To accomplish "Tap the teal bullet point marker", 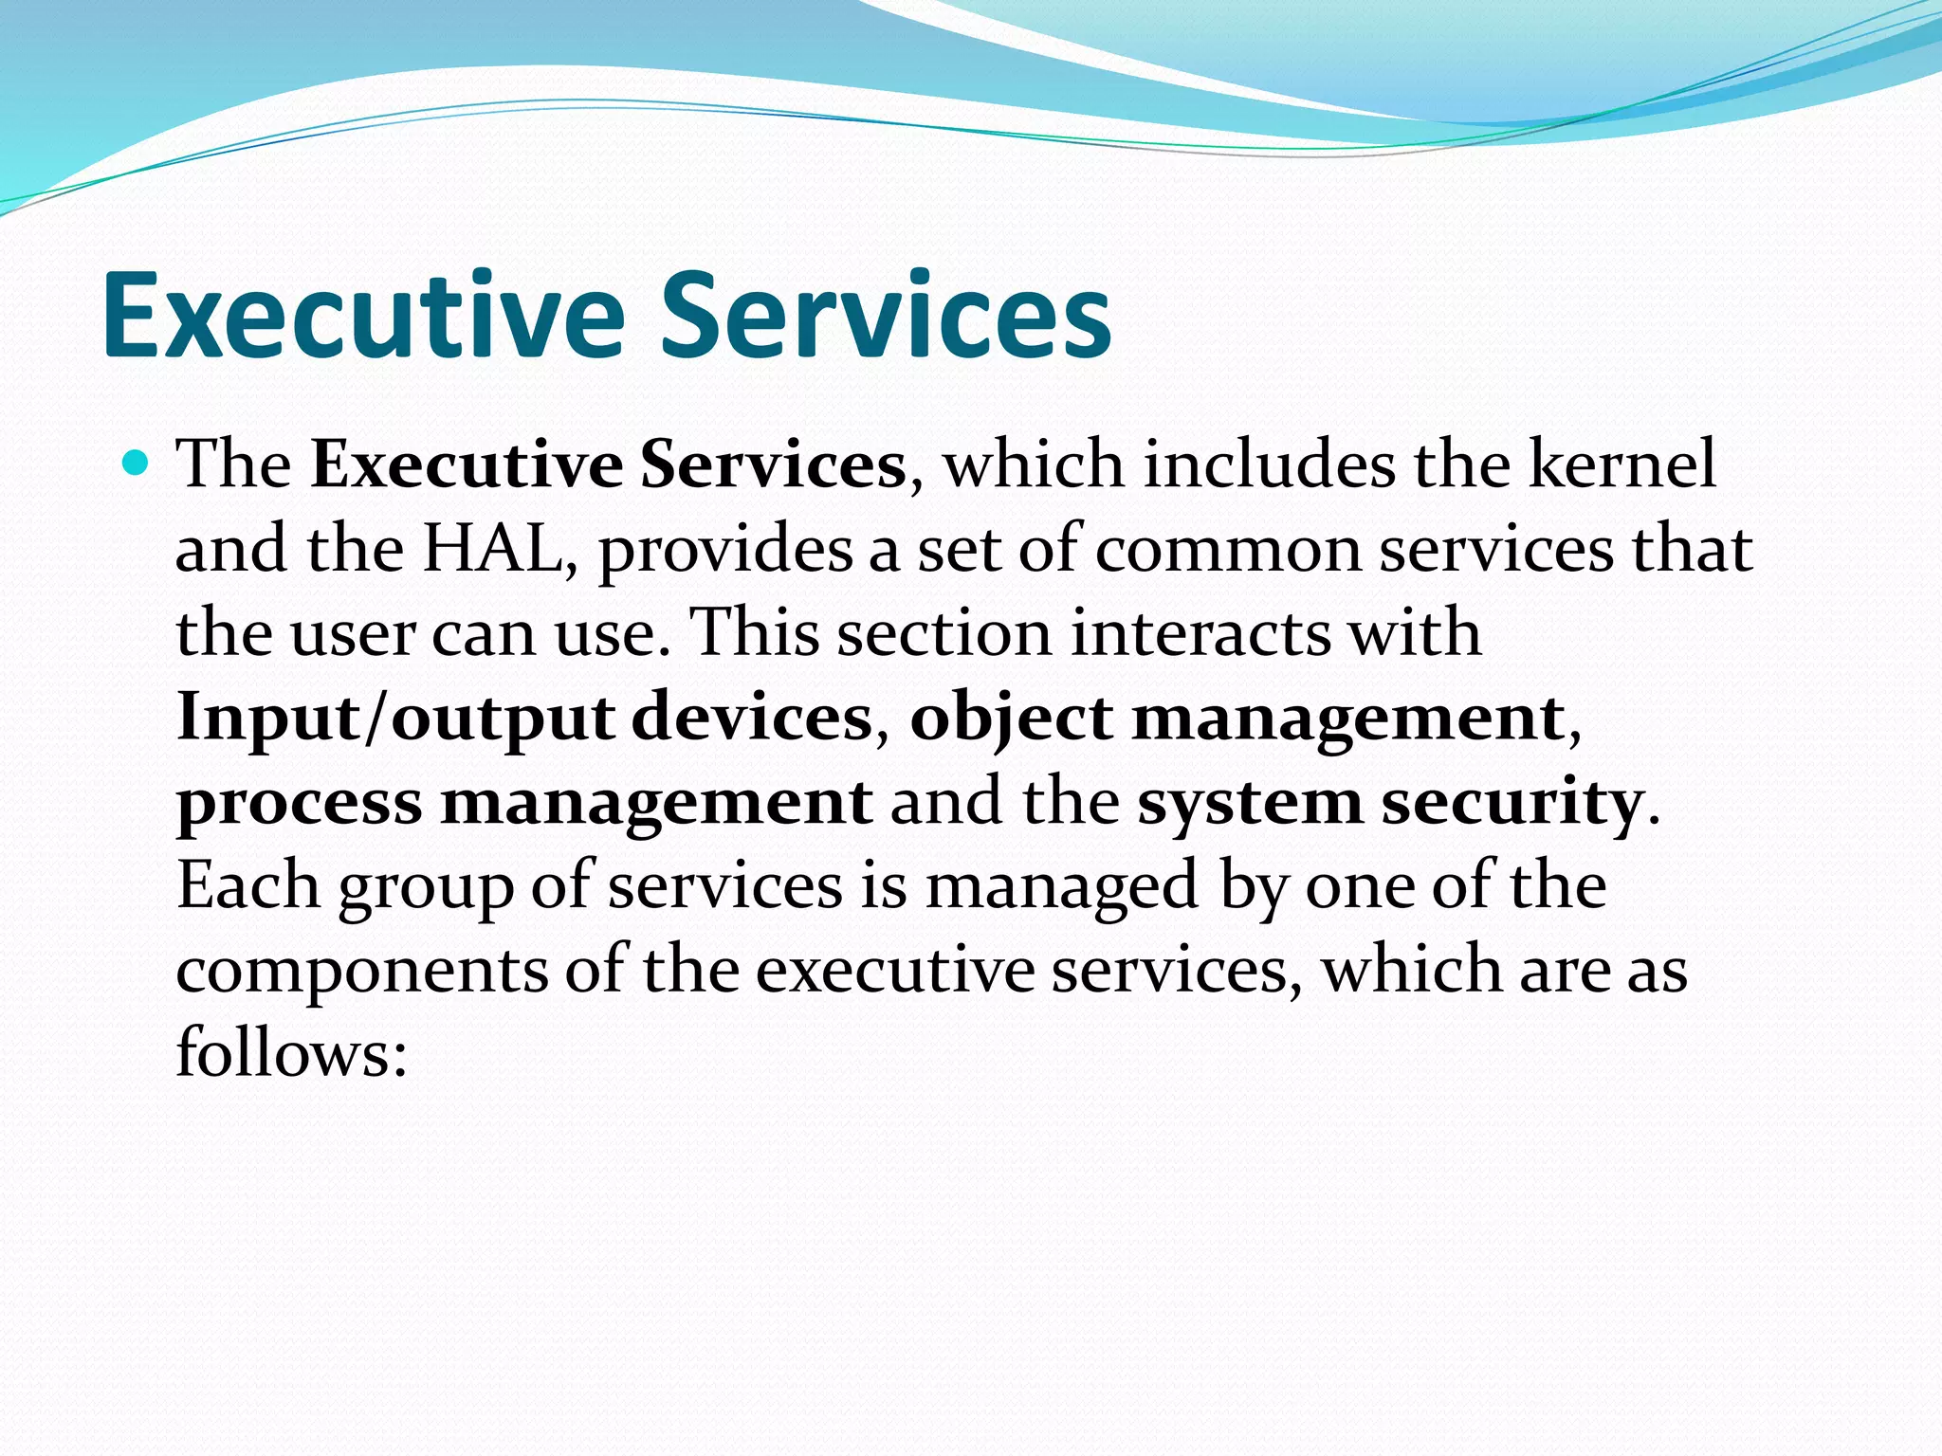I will click(137, 464).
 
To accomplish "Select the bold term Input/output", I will click(395, 719).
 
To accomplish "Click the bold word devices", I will click(751, 717).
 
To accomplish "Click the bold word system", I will click(1249, 803).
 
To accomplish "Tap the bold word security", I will click(1511, 803).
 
